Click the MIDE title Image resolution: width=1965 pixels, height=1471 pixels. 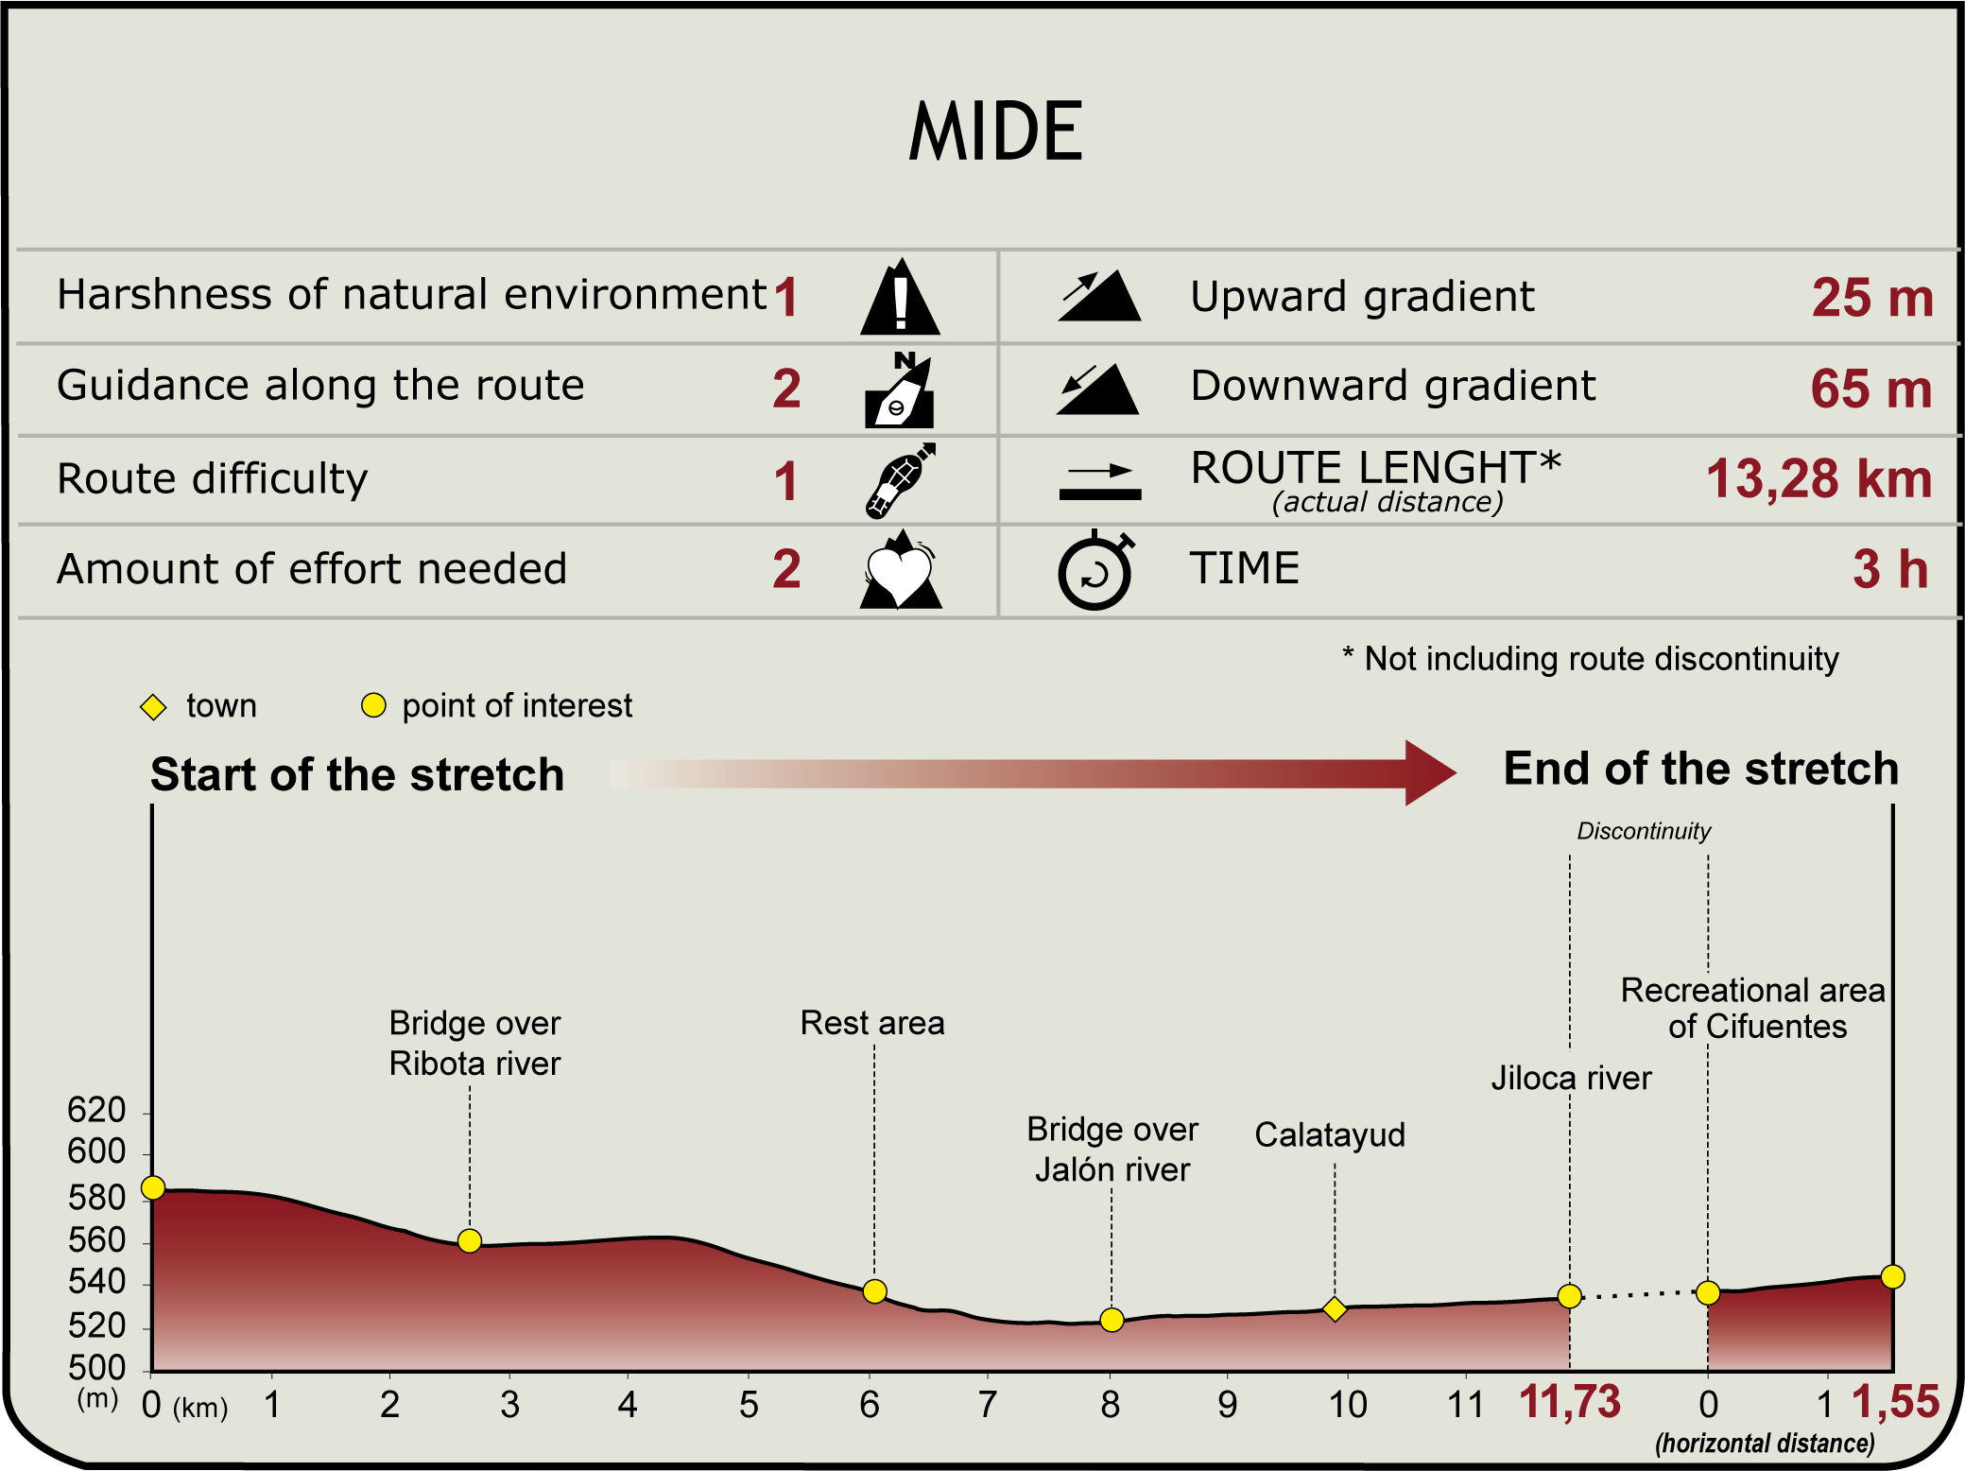coord(995,131)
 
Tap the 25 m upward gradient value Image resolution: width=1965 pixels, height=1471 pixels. coord(1871,298)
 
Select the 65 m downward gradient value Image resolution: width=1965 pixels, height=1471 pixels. coord(1870,389)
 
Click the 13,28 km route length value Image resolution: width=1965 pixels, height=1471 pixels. coord(1818,479)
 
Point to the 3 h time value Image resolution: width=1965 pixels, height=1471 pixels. coord(1889,569)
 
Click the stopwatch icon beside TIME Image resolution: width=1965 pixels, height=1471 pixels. coord(1095,572)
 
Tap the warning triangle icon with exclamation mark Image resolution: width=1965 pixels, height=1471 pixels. coord(900,298)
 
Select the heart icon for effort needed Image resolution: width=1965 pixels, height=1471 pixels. coord(900,572)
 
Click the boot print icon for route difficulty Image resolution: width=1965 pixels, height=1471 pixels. coord(899,481)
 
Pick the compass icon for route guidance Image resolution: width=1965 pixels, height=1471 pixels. coord(899,390)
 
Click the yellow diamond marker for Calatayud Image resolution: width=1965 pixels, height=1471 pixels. coord(1335,1309)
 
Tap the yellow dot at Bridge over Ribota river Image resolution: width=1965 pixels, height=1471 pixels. coord(470,1241)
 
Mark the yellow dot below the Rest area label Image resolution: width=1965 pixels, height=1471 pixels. coord(875,1291)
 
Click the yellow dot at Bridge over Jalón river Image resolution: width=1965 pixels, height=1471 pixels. coord(1112,1320)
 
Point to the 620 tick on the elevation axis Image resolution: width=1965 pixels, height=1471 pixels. coord(96,1110)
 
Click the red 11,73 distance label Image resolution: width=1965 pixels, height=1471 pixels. coord(1569,1402)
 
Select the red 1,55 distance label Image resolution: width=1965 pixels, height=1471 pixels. coord(1895,1402)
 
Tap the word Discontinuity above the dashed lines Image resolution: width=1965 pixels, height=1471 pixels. coord(1644,831)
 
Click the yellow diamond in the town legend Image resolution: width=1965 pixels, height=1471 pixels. coord(153,707)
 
